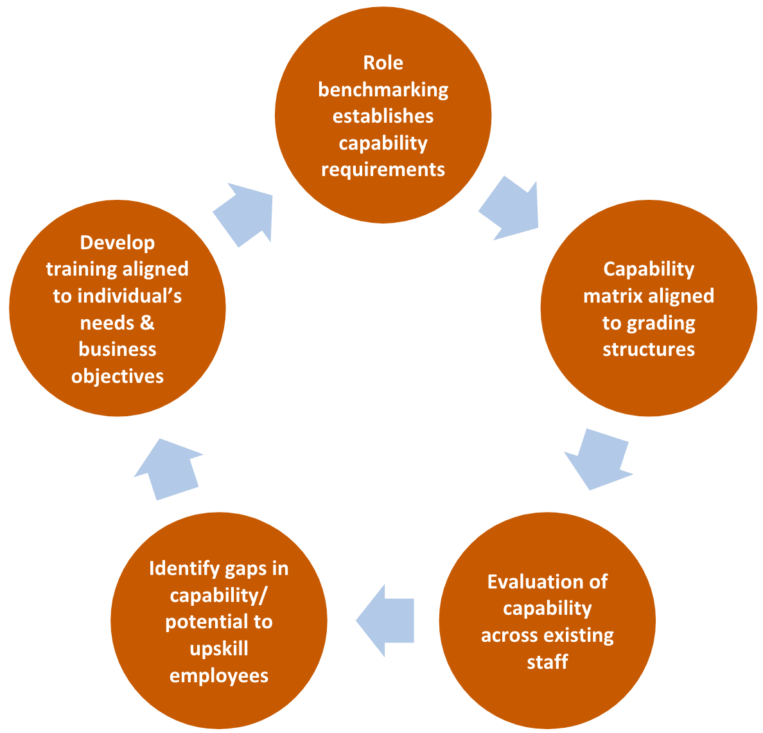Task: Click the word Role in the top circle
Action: [x=383, y=63]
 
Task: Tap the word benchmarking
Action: [x=383, y=90]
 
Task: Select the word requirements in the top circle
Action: [x=383, y=170]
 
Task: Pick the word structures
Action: [x=649, y=349]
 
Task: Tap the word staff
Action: [x=547, y=662]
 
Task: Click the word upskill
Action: [x=218, y=649]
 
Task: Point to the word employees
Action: [x=218, y=676]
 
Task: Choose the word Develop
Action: [x=117, y=243]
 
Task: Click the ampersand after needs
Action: [x=147, y=322]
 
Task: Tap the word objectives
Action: [x=117, y=376]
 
